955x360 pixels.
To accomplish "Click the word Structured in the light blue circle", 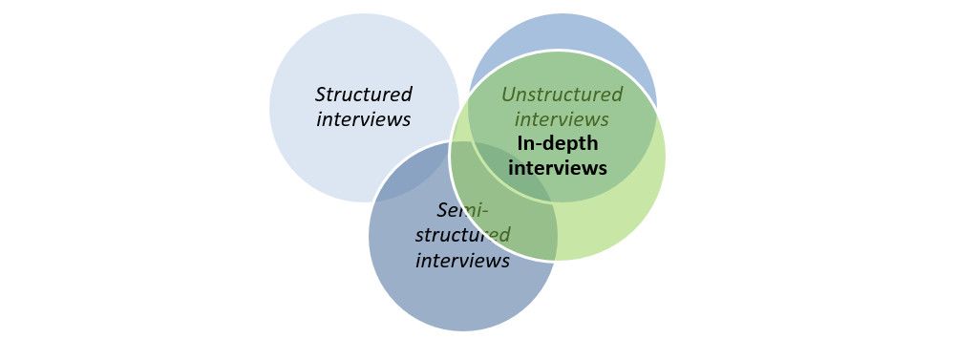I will [x=364, y=95].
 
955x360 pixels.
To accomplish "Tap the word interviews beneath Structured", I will [x=364, y=119].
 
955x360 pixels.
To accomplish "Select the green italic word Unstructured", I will [x=562, y=95].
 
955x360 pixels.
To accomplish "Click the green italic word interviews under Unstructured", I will [x=562, y=119].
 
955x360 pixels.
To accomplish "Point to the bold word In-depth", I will [x=557, y=143].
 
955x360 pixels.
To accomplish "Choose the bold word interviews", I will [x=557, y=168].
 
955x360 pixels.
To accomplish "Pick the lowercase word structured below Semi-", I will [x=462, y=235].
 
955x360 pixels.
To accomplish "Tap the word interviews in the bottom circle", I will [x=462, y=260].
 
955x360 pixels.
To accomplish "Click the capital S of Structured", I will [x=321, y=95].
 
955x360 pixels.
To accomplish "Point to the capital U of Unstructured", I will [x=508, y=95].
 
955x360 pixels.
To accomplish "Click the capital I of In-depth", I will [x=520, y=143].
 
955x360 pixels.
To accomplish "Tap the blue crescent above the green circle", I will [x=563, y=33].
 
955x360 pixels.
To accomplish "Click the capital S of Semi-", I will [x=442, y=210].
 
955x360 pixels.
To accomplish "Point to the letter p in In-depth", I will [x=573, y=145].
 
